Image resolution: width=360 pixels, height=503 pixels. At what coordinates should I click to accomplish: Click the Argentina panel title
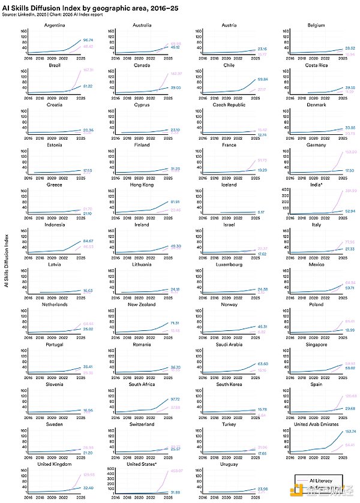coord(55,26)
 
